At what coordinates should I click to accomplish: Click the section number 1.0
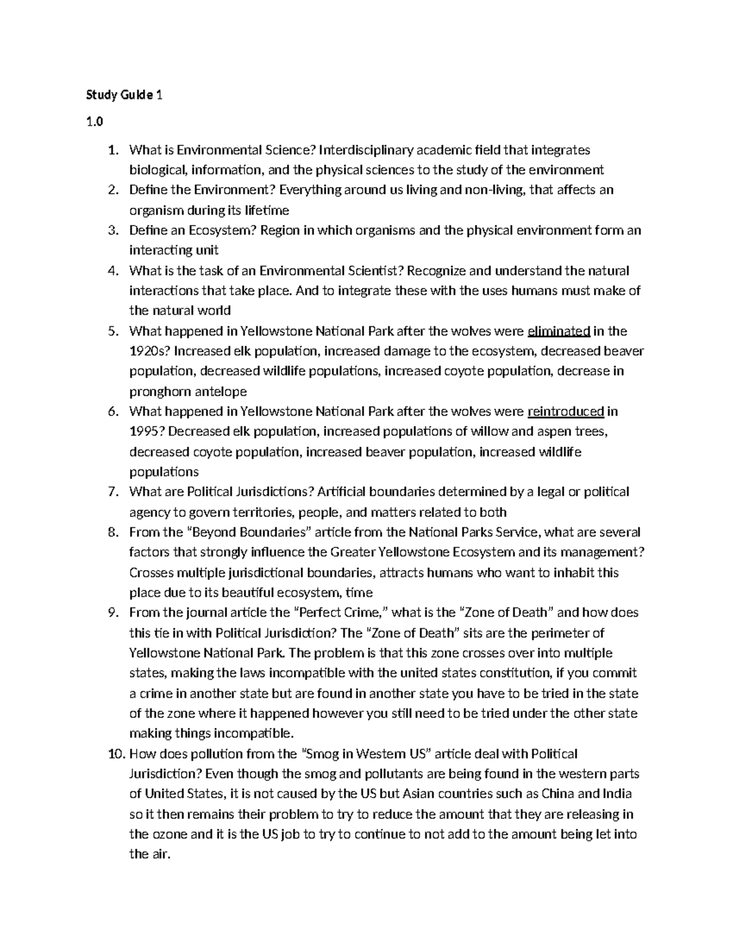pyautogui.click(x=95, y=122)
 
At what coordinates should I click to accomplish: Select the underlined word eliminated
pyautogui.click(x=558, y=331)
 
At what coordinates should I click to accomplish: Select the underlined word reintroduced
pyautogui.click(x=565, y=411)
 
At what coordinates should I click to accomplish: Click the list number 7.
pyautogui.click(x=112, y=492)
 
